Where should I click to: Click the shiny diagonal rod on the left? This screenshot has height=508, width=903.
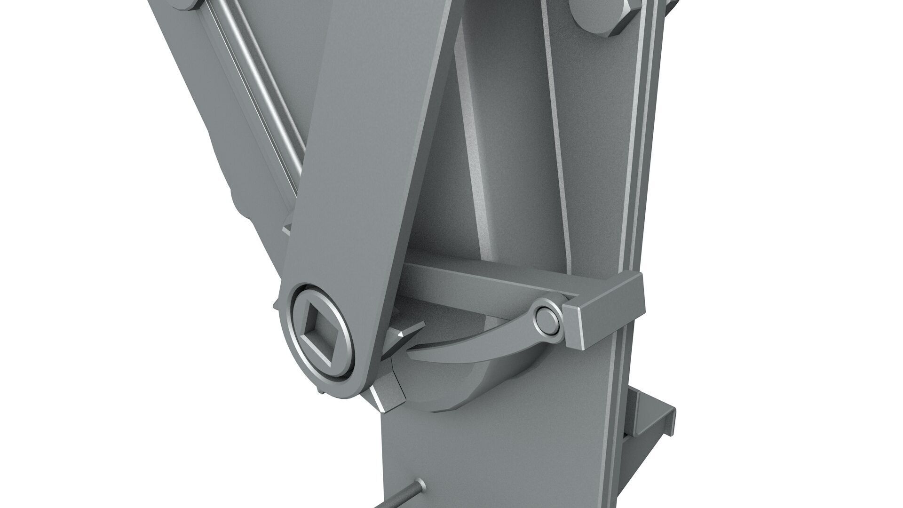263,94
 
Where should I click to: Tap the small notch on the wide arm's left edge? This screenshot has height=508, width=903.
288,230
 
